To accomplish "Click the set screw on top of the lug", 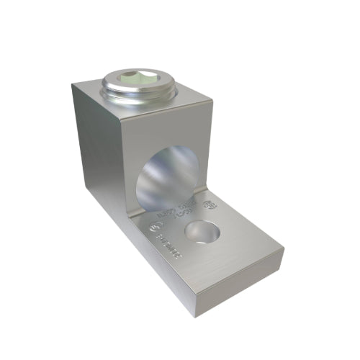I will pos(131,86).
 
